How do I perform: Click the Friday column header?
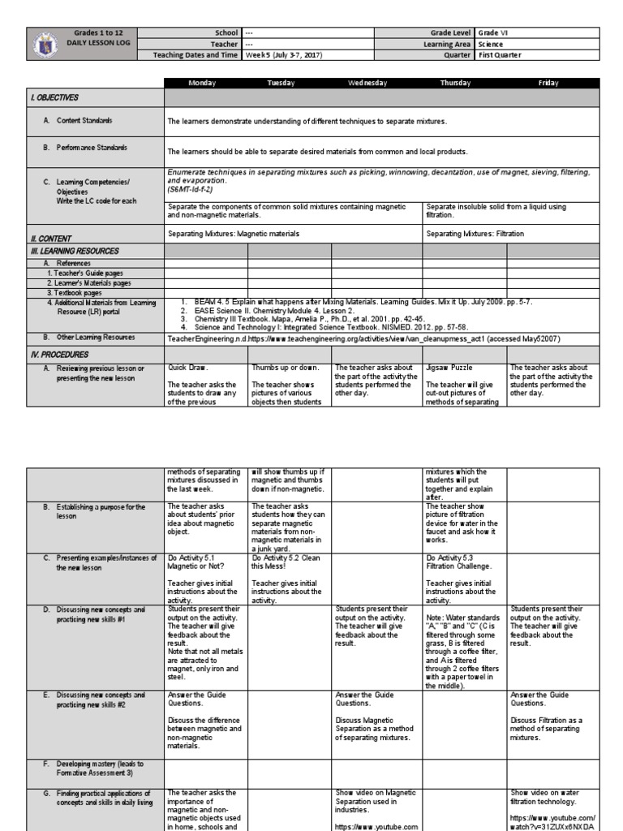(x=548, y=83)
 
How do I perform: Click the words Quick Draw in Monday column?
(x=188, y=368)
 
